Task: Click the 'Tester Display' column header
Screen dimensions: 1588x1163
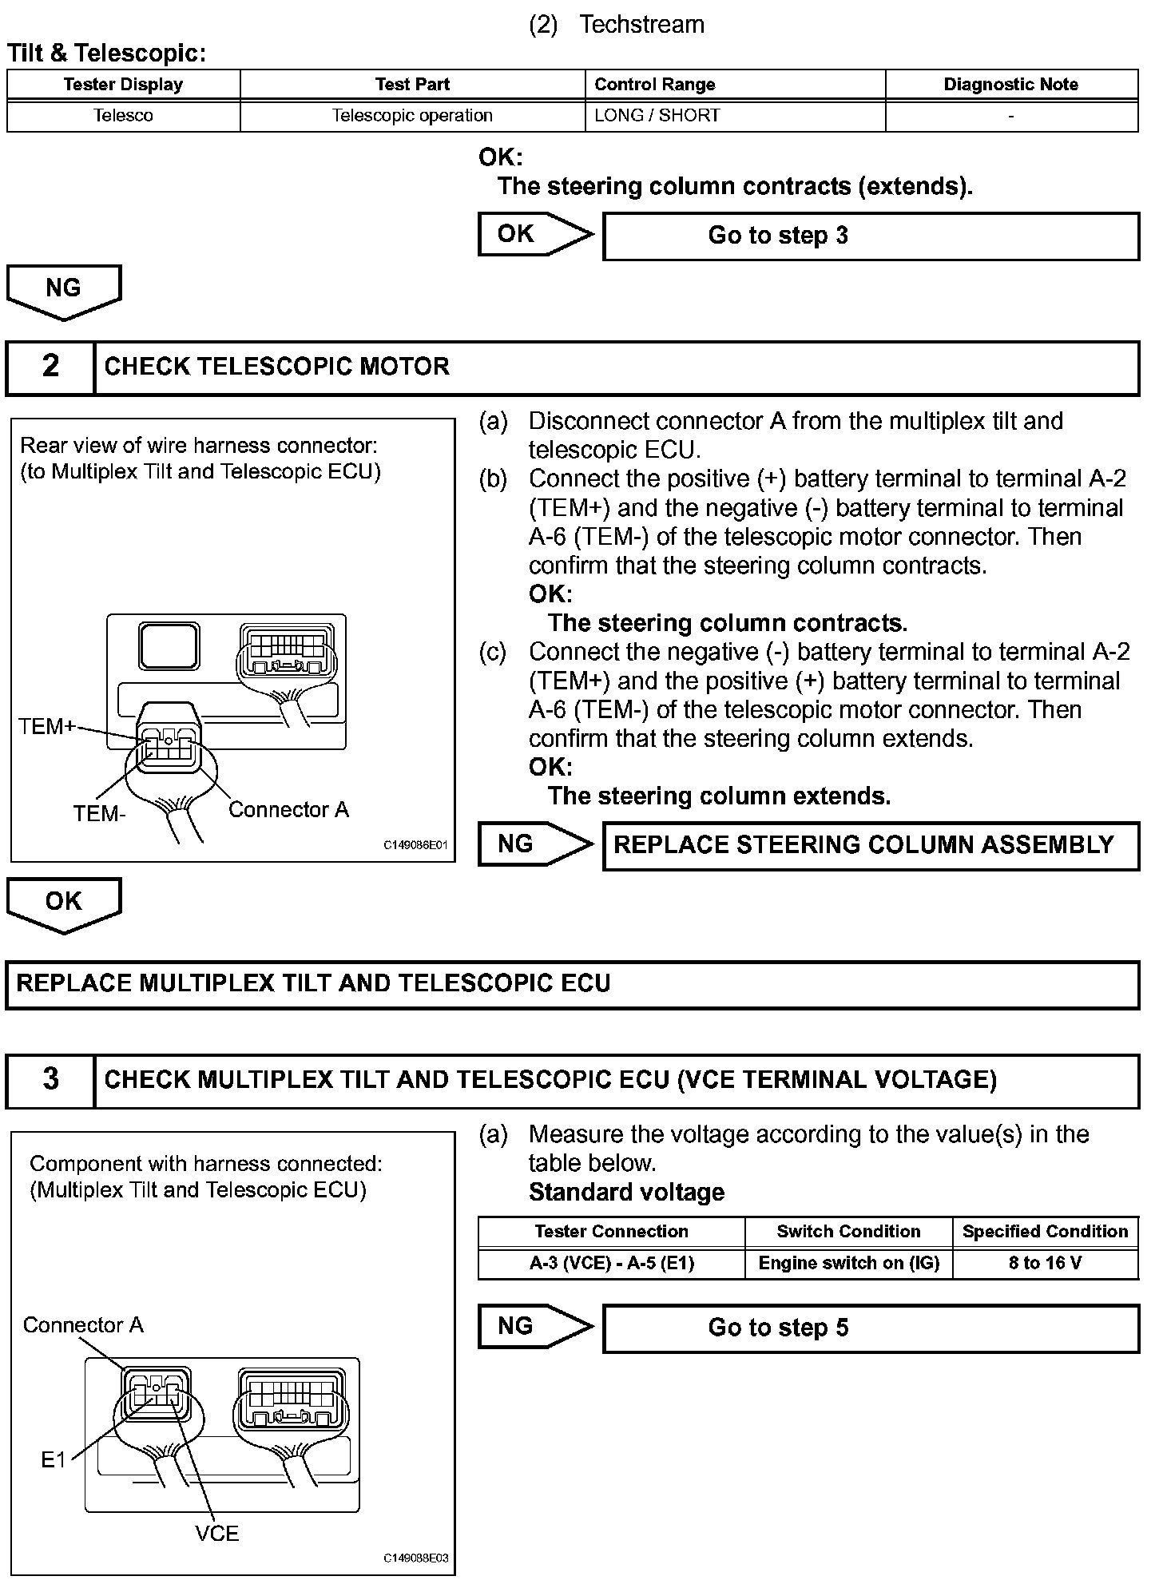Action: pos(123,85)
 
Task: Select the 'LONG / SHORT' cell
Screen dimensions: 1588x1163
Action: pos(657,116)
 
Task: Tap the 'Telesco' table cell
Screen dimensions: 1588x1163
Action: pos(123,116)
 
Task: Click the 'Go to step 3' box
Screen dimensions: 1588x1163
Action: pos(870,236)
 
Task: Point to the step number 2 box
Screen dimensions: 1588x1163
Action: pos(50,367)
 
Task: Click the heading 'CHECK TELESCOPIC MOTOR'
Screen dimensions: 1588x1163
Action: pos(276,367)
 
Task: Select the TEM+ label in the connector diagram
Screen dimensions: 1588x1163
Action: pos(47,726)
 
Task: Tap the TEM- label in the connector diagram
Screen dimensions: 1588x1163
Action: pos(99,814)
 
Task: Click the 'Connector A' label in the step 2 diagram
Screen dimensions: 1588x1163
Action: pos(288,810)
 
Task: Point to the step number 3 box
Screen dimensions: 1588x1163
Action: pos(50,1079)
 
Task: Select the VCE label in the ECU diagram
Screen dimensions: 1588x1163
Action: pos(216,1533)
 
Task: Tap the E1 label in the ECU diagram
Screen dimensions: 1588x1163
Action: pos(53,1460)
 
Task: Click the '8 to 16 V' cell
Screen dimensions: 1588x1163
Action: pos(1045,1263)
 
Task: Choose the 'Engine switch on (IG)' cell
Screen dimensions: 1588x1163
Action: pos(848,1263)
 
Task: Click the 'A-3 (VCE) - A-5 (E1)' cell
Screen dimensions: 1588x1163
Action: pos(611,1263)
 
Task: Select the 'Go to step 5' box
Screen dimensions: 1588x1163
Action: pos(870,1328)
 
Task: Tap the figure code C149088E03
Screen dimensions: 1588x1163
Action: pos(415,1558)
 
